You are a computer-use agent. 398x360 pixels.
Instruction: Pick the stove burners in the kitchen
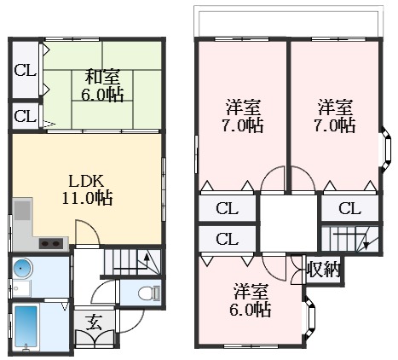coord(50,243)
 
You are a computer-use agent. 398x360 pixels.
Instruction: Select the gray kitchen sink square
coord(22,211)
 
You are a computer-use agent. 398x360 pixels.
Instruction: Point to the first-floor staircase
coord(128,259)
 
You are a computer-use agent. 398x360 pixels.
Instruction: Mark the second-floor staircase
coord(352,238)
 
